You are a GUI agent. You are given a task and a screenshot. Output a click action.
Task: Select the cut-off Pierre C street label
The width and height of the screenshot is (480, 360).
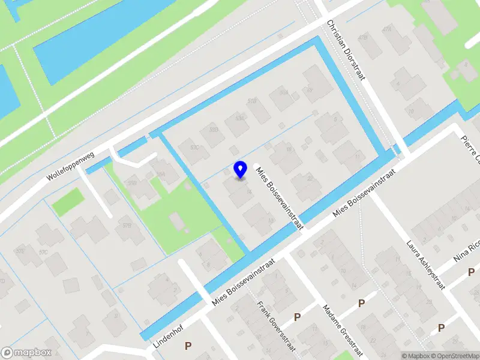tap(470, 149)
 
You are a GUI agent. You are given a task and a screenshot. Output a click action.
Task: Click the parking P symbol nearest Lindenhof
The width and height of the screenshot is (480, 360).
tap(188, 346)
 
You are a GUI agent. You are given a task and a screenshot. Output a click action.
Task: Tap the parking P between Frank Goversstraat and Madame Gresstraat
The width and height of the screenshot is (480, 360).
tap(296, 317)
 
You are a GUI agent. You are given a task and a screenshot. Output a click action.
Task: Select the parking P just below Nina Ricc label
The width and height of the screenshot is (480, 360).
tap(471, 273)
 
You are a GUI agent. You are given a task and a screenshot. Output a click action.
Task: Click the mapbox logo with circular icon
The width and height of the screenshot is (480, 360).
tap(26, 353)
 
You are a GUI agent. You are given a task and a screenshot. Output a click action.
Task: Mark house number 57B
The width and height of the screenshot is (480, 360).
tap(127, 226)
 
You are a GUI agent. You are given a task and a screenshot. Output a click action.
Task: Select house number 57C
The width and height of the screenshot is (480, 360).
tap(43, 253)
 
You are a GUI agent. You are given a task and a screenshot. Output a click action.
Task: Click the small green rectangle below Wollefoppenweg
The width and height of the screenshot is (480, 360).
tap(67, 202)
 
